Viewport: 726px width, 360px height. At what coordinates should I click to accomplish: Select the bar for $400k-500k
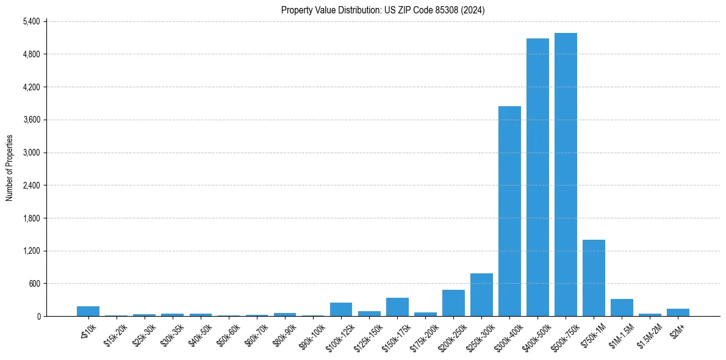click(x=537, y=177)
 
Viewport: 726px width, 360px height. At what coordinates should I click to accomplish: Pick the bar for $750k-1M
click(x=594, y=278)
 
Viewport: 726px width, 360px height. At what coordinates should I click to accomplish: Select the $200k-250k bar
click(x=453, y=303)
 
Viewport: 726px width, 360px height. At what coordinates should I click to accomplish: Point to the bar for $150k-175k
click(x=397, y=307)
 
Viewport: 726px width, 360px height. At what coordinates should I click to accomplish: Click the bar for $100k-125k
click(x=341, y=309)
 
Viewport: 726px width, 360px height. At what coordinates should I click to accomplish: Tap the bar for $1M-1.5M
click(x=622, y=308)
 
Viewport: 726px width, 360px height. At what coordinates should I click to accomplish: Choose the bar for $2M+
click(x=678, y=312)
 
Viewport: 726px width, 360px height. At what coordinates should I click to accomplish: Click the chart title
click(x=383, y=10)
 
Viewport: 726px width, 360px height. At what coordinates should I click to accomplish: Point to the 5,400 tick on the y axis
click(x=31, y=21)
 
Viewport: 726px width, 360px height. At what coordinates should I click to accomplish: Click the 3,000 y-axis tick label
click(x=31, y=153)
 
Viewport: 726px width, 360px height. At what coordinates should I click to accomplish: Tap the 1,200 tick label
click(x=31, y=251)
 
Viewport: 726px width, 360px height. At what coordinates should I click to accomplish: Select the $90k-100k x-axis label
click(x=312, y=333)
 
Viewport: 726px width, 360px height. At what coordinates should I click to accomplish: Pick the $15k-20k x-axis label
click(x=115, y=333)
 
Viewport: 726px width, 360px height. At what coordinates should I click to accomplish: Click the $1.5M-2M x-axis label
click(x=649, y=333)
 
